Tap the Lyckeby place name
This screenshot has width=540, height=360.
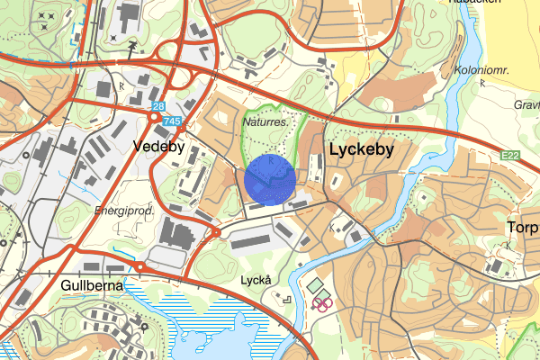(x=361, y=150)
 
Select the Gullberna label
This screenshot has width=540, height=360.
(x=91, y=285)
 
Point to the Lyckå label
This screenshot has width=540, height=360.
(x=256, y=280)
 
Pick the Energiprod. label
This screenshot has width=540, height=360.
(x=124, y=211)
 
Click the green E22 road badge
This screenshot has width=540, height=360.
(x=511, y=157)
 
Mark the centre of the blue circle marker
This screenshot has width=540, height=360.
(x=270, y=180)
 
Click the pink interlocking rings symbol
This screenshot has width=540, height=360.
(x=322, y=303)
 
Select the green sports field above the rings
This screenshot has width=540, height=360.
(x=316, y=286)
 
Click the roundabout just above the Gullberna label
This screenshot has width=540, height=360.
(x=140, y=267)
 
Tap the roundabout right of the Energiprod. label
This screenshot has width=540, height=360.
(x=216, y=233)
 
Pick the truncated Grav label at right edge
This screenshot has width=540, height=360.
(x=526, y=104)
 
